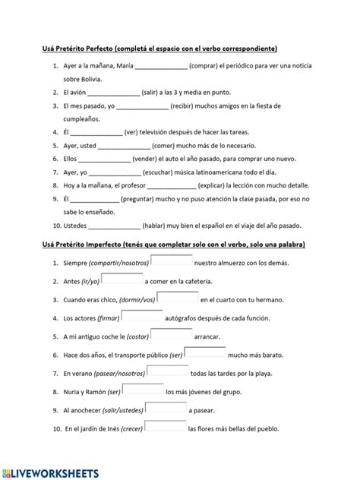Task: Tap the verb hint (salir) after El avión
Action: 154,93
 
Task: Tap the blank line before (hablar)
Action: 115,225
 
